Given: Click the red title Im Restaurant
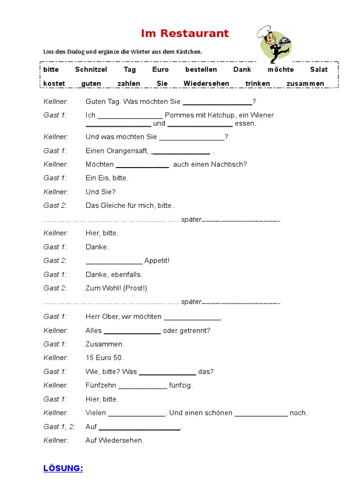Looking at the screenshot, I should click(x=184, y=34).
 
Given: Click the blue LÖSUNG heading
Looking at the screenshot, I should click(x=63, y=468).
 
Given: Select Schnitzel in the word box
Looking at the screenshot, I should click(x=91, y=70).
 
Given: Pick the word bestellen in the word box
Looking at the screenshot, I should click(x=201, y=70).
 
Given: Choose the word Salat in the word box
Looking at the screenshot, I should click(x=318, y=70).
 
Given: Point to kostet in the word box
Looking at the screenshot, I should click(x=54, y=84).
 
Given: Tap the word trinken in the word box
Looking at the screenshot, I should click(x=258, y=84).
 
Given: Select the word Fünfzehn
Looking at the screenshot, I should click(x=101, y=385).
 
